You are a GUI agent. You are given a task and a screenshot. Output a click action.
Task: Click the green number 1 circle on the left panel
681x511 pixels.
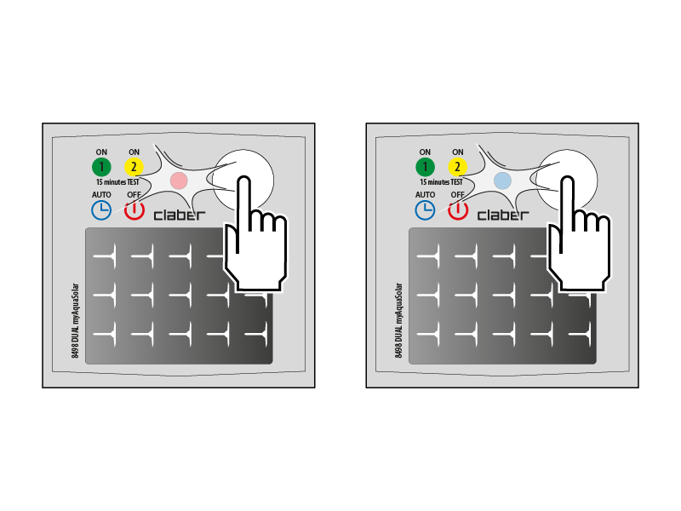coord(101,167)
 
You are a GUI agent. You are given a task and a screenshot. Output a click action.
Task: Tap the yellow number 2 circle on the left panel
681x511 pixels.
coord(134,167)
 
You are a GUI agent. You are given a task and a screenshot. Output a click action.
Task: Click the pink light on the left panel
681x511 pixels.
coord(179,181)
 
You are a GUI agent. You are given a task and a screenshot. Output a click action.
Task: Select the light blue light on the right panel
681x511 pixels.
coord(502,181)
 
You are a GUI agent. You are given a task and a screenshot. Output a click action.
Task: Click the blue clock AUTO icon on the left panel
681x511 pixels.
coord(101,210)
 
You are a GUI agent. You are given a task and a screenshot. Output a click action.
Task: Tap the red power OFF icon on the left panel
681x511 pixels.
coord(134,210)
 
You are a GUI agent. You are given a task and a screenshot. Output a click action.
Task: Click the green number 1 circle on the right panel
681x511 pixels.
coord(425,167)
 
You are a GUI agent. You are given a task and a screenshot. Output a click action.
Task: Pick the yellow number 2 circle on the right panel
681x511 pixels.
coord(457,167)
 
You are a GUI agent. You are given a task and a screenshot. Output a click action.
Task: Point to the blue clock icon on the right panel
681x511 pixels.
coord(425,210)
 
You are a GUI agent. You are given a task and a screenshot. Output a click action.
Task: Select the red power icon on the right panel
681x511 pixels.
coord(458,210)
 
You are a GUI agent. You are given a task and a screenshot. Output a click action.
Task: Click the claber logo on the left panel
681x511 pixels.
coord(180,215)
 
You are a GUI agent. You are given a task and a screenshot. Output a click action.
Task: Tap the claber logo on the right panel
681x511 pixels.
coord(503,215)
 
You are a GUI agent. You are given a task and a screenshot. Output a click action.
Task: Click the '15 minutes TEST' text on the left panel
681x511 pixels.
coord(117,182)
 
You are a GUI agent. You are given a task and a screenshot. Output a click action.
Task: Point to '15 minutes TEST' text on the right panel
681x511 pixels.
coord(441,182)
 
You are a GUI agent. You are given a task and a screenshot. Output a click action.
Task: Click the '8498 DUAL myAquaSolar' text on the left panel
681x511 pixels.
coord(76,321)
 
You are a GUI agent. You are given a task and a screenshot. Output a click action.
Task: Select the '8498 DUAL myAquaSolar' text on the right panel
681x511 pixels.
coord(399,321)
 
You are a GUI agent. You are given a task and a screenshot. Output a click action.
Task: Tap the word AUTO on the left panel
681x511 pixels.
coord(101,195)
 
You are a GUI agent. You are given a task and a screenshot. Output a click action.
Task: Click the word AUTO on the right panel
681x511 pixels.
coord(425,195)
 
